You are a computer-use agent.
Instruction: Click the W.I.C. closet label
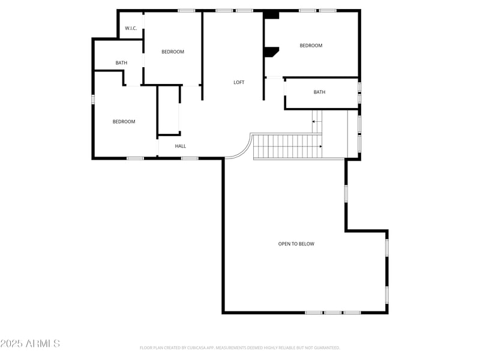131,28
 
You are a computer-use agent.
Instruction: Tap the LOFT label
239,82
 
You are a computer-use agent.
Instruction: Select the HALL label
181,146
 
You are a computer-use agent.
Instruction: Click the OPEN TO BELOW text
296,244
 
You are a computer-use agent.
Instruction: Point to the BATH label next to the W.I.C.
121,63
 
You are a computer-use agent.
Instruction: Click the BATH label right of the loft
319,92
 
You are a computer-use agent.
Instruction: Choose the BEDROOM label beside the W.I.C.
173,52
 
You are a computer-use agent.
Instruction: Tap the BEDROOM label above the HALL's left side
124,122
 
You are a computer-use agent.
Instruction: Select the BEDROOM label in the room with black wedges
311,46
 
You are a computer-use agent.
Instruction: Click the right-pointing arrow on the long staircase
320,146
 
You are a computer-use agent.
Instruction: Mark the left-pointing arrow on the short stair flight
314,122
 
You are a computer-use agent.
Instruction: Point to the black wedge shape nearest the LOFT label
271,52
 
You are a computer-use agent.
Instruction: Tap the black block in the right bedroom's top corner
272,15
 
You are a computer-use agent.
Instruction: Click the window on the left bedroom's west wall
92,99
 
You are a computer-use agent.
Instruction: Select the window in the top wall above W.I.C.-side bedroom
187,10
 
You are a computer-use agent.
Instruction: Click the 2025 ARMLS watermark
30,344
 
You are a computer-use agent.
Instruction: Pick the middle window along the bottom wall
333,313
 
